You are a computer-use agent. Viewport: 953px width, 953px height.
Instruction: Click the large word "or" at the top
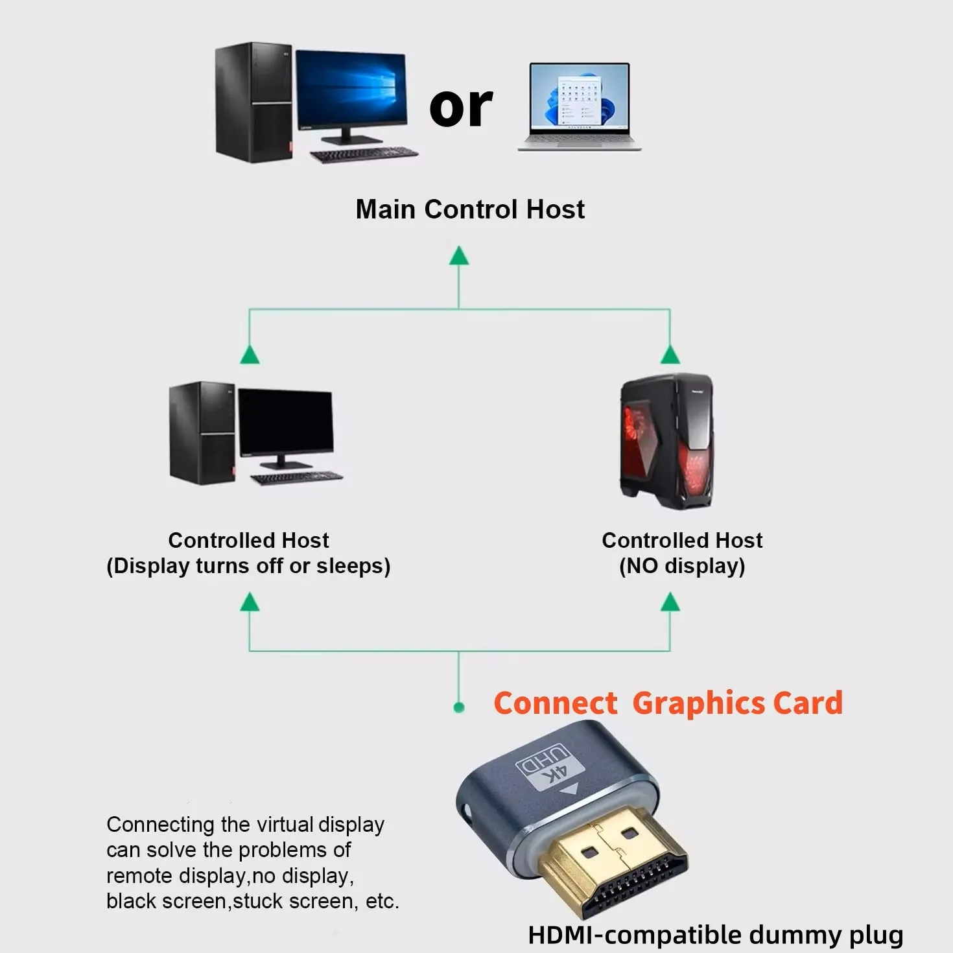click(461, 107)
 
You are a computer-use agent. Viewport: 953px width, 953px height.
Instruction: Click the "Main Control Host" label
click(470, 209)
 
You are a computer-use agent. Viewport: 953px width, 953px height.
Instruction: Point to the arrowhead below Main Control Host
click(459, 256)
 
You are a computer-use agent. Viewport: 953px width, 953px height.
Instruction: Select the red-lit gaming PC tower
click(667, 441)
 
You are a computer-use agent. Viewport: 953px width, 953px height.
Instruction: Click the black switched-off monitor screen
click(286, 421)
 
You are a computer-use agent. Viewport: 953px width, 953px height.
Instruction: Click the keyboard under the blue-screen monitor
click(364, 155)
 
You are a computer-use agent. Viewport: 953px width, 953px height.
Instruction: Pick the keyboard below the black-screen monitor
click(297, 478)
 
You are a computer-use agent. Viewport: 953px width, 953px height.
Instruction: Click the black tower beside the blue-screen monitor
click(253, 102)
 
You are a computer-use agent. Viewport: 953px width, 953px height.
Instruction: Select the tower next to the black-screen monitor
click(202, 432)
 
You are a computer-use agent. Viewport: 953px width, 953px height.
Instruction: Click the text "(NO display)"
click(682, 566)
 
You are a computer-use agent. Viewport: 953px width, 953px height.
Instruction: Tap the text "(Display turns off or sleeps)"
click(248, 566)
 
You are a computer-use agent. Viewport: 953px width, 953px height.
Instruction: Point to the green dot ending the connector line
click(459, 707)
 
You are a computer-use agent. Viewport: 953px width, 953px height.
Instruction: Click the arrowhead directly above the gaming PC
click(670, 355)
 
